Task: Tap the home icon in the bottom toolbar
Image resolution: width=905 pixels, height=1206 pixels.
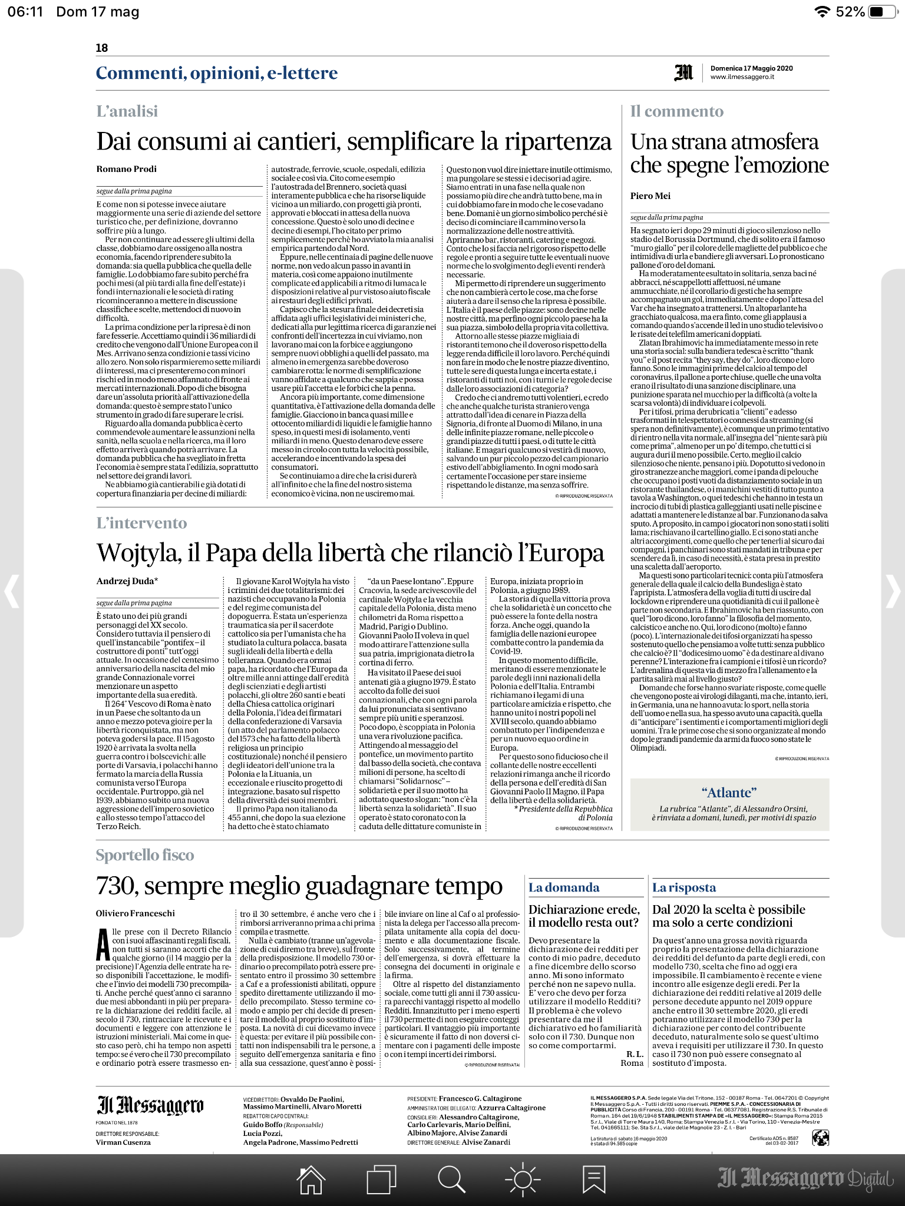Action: pos(311,1180)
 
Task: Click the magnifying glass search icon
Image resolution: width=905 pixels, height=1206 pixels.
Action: pos(451,1180)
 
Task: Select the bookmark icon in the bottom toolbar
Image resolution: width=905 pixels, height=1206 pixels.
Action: pos(593,1180)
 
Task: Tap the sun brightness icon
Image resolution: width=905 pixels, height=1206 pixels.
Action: pos(523,1180)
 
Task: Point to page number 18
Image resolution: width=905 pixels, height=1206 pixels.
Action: pos(102,48)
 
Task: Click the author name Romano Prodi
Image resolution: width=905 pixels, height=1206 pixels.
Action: pos(127,169)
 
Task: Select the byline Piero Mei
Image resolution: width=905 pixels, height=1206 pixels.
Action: pos(650,196)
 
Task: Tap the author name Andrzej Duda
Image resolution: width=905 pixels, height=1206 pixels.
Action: pos(127,581)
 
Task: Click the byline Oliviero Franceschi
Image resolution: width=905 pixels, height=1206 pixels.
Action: pos(136,913)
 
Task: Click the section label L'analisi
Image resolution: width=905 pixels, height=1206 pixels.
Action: pos(127,111)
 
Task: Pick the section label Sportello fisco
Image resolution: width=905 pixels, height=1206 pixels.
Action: pos(145,855)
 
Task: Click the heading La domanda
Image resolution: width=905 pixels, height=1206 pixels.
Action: pos(563,887)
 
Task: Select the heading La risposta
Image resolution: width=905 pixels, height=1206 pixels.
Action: pos(683,887)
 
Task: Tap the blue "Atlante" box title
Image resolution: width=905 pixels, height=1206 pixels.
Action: pos(729,793)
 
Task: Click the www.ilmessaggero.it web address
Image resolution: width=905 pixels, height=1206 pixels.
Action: pos(742,77)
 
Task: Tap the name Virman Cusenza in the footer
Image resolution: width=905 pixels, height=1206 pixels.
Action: pos(123,1142)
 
